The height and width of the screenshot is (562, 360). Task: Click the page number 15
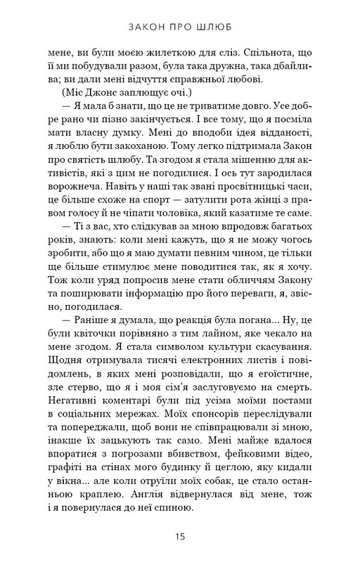181,537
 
